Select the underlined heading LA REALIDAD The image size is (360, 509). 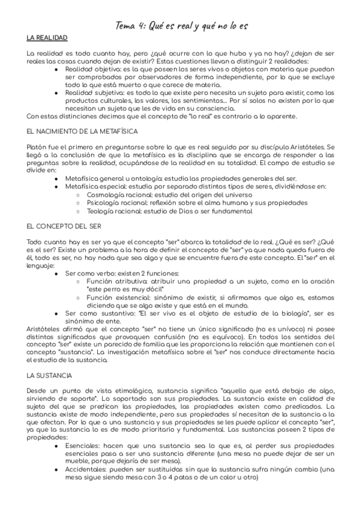click(47, 38)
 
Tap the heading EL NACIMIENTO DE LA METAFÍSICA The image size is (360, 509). click(83, 130)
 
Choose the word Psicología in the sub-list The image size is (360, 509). click(103, 203)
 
